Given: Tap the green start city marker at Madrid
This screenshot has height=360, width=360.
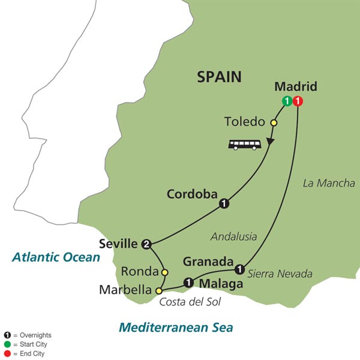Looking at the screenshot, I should pos(287,101).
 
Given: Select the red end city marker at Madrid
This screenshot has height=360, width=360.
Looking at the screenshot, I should pos(298,101).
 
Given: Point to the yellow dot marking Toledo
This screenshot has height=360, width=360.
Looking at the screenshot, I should pos(274,123).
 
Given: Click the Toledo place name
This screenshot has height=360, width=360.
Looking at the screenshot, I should pos(244,122).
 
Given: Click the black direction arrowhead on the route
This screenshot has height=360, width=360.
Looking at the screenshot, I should pos(270,142).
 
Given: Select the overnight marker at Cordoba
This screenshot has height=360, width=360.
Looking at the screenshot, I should pos(224,203).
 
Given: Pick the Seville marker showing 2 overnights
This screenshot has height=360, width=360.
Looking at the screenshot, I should pos(147,244).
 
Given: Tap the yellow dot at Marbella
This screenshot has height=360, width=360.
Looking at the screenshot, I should pos(158,291).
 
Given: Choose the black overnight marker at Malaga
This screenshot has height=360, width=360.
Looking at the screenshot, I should pos(188,281).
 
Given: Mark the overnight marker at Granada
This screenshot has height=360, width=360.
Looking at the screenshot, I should pos(240,268).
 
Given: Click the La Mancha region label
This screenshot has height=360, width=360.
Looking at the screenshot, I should pos(328,183).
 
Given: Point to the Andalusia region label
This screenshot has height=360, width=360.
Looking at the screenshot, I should pos(233,237).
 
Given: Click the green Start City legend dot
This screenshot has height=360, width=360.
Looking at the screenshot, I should pos(6,344).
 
